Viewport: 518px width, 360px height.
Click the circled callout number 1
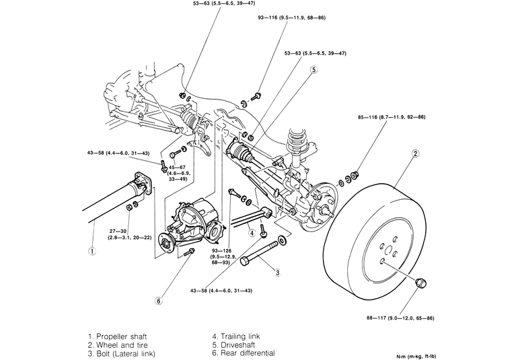[x=91, y=252]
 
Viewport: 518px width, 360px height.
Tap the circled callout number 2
[x=415, y=154]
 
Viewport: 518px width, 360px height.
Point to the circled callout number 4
[x=251, y=233]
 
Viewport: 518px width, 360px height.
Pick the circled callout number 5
[x=313, y=69]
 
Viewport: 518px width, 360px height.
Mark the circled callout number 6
[x=159, y=301]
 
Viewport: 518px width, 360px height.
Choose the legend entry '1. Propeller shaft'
[x=117, y=335]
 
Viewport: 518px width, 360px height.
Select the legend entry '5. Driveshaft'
[x=233, y=344]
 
